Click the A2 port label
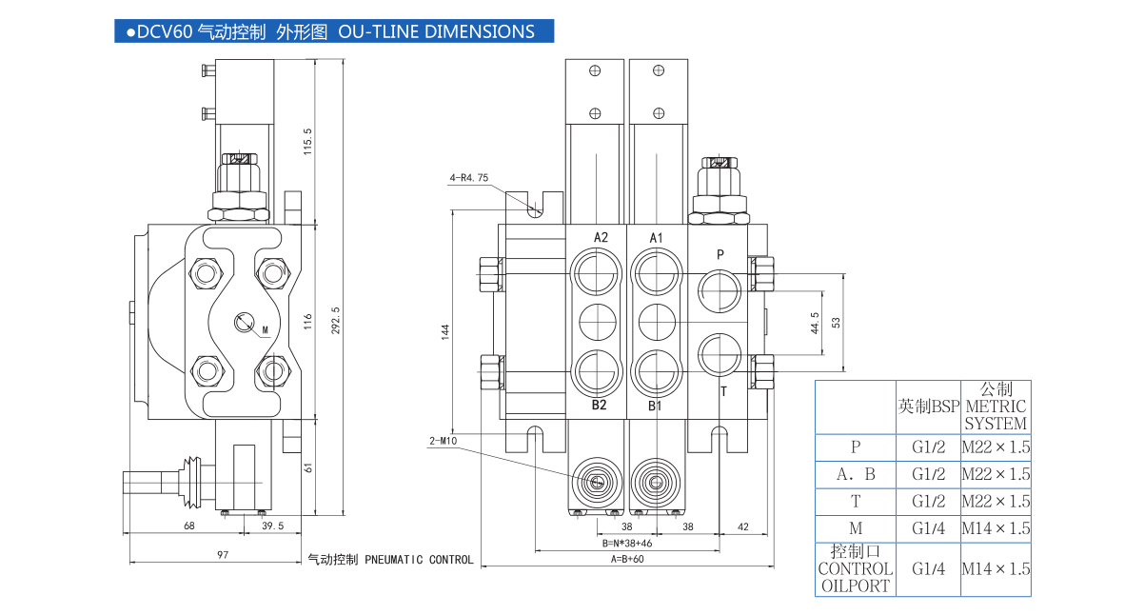pos(601,237)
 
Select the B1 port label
pos(655,407)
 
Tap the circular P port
pos(720,288)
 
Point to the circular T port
pos(720,353)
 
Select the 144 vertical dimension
pos(444,331)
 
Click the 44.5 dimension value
pos(814,324)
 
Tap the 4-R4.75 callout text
pos(468,178)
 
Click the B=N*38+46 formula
pos(628,544)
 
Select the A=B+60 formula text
pos(628,560)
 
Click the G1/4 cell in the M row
pos(927,528)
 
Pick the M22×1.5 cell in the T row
pos(996,502)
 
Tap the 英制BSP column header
pos(927,407)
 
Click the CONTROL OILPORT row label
pos(855,569)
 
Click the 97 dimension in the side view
pos(222,555)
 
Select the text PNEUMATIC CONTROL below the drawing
pos(419,560)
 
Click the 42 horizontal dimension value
pos(743,526)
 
